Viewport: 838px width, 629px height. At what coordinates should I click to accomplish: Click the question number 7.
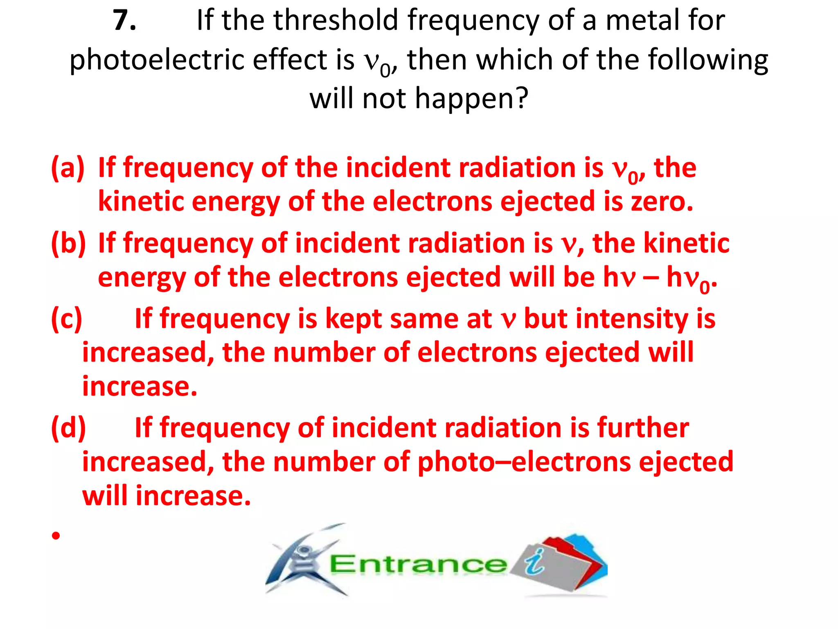tap(124, 20)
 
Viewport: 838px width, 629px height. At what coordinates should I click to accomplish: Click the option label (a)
tap(68, 168)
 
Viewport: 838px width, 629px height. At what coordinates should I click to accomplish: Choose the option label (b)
tap(68, 243)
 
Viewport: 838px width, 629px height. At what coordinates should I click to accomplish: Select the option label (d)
tap(68, 428)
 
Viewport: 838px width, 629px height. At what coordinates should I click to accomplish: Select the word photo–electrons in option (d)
tap(523, 462)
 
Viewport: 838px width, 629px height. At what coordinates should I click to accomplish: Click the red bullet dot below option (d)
tap(56, 535)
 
